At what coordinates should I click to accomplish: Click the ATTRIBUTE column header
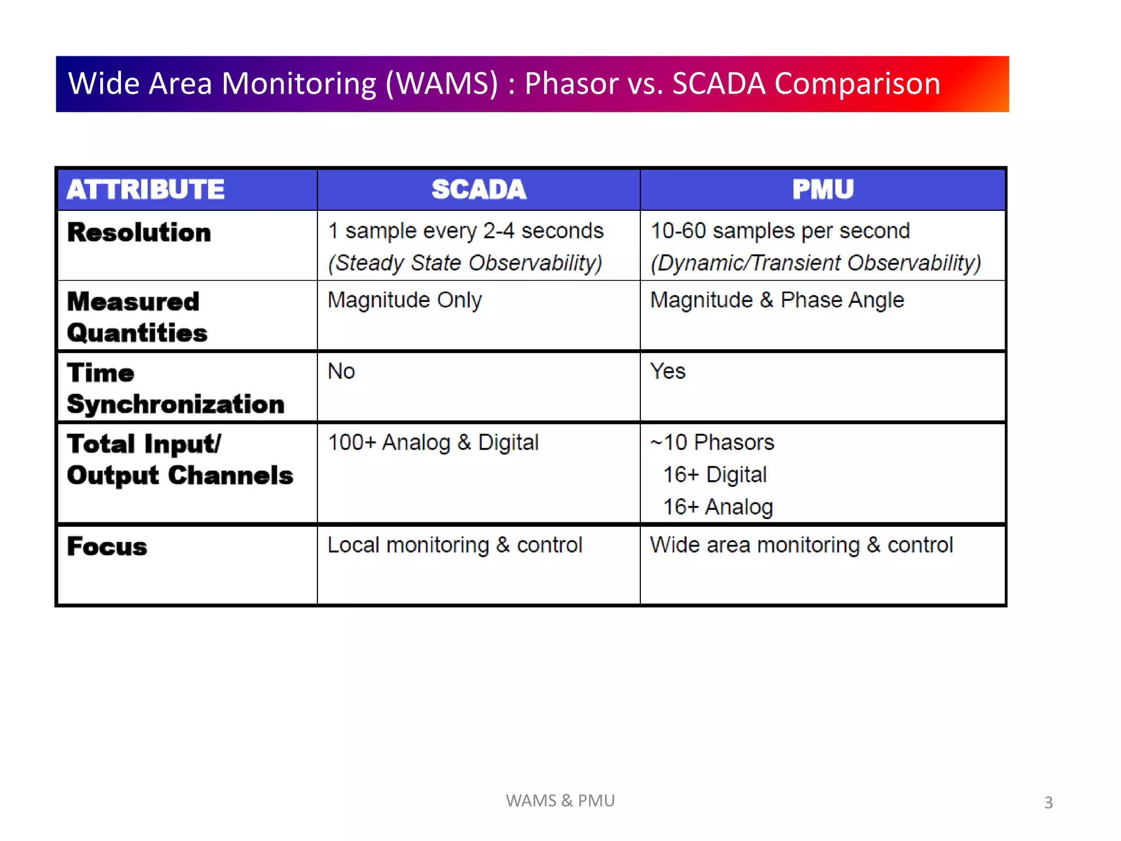(x=146, y=189)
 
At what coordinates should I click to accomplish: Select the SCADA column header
(x=479, y=189)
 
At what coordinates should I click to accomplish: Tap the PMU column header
(x=823, y=189)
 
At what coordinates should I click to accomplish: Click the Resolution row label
(x=139, y=233)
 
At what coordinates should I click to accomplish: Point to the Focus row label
(x=107, y=546)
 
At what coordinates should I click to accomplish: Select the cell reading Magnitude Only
(x=405, y=300)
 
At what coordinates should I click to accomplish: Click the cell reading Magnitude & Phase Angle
(x=777, y=300)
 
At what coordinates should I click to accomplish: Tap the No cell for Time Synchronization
(x=341, y=371)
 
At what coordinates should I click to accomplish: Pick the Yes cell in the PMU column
(x=667, y=371)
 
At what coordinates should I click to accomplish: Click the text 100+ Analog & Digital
(x=433, y=442)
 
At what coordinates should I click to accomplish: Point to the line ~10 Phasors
(x=712, y=442)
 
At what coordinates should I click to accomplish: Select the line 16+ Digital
(x=714, y=475)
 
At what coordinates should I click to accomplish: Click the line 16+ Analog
(x=718, y=507)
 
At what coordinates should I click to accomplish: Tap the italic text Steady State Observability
(x=465, y=263)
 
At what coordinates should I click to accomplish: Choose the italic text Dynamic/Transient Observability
(x=816, y=263)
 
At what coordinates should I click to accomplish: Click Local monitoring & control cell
(x=454, y=545)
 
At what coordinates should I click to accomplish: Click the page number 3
(x=1048, y=803)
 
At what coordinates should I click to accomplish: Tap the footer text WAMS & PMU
(x=560, y=800)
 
